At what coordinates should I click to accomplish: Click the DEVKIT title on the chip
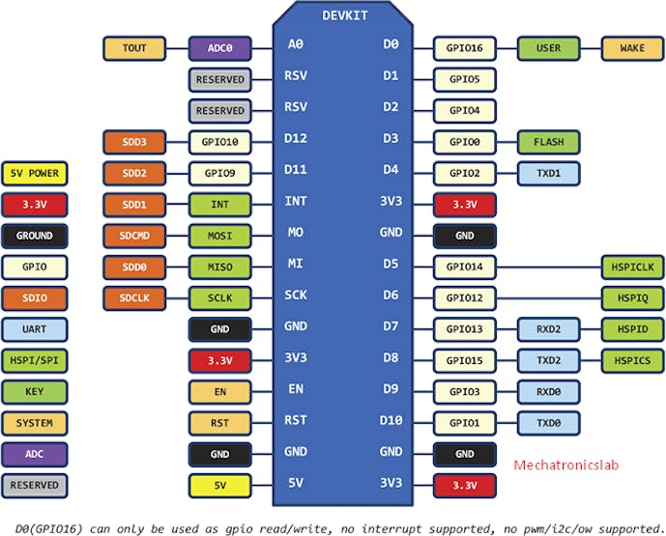click(x=344, y=15)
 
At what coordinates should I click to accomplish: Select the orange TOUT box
click(x=134, y=48)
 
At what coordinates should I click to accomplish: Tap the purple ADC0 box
click(x=219, y=48)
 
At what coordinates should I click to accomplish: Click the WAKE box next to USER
click(x=632, y=48)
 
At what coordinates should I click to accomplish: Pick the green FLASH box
click(x=548, y=142)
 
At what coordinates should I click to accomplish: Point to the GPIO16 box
click(x=465, y=48)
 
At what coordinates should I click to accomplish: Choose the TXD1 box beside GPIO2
click(x=548, y=174)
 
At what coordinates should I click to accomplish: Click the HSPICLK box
click(x=632, y=267)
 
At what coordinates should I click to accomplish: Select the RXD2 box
click(x=548, y=329)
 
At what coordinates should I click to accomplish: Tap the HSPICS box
click(x=632, y=361)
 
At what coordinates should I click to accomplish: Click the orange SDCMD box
click(x=134, y=236)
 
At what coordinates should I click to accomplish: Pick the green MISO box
click(x=219, y=267)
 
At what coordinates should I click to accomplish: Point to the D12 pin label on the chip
click(x=296, y=138)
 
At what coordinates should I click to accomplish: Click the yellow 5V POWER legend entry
click(x=35, y=174)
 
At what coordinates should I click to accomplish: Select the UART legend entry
click(x=35, y=329)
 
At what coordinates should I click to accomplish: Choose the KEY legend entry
click(x=35, y=392)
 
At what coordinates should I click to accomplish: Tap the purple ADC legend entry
click(x=35, y=454)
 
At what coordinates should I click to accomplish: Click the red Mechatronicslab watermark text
click(x=565, y=465)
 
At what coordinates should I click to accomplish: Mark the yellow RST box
click(x=219, y=423)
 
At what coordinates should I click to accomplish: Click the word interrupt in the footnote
click(x=391, y=529)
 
